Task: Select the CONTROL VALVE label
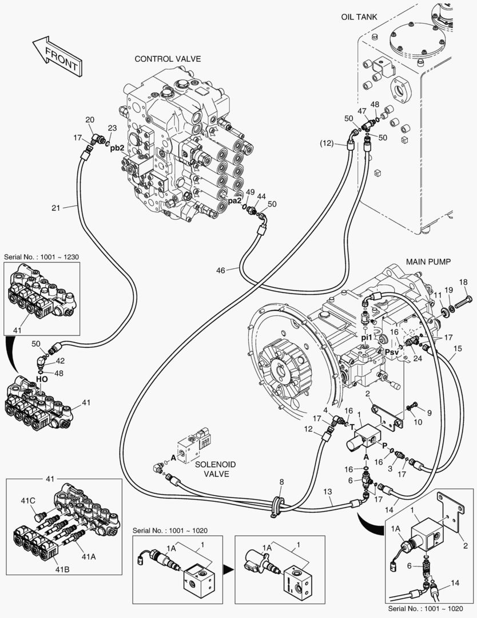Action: (168, 59)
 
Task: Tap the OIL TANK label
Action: (359, 17)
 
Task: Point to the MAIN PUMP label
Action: (429, 262)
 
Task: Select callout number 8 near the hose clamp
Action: (281, 482)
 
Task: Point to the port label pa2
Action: (235, 201)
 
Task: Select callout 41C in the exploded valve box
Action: (29, 501)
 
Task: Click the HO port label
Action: (42, 379)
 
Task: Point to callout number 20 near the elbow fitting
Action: (90, 120)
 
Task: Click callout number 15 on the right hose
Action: (457, 348)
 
